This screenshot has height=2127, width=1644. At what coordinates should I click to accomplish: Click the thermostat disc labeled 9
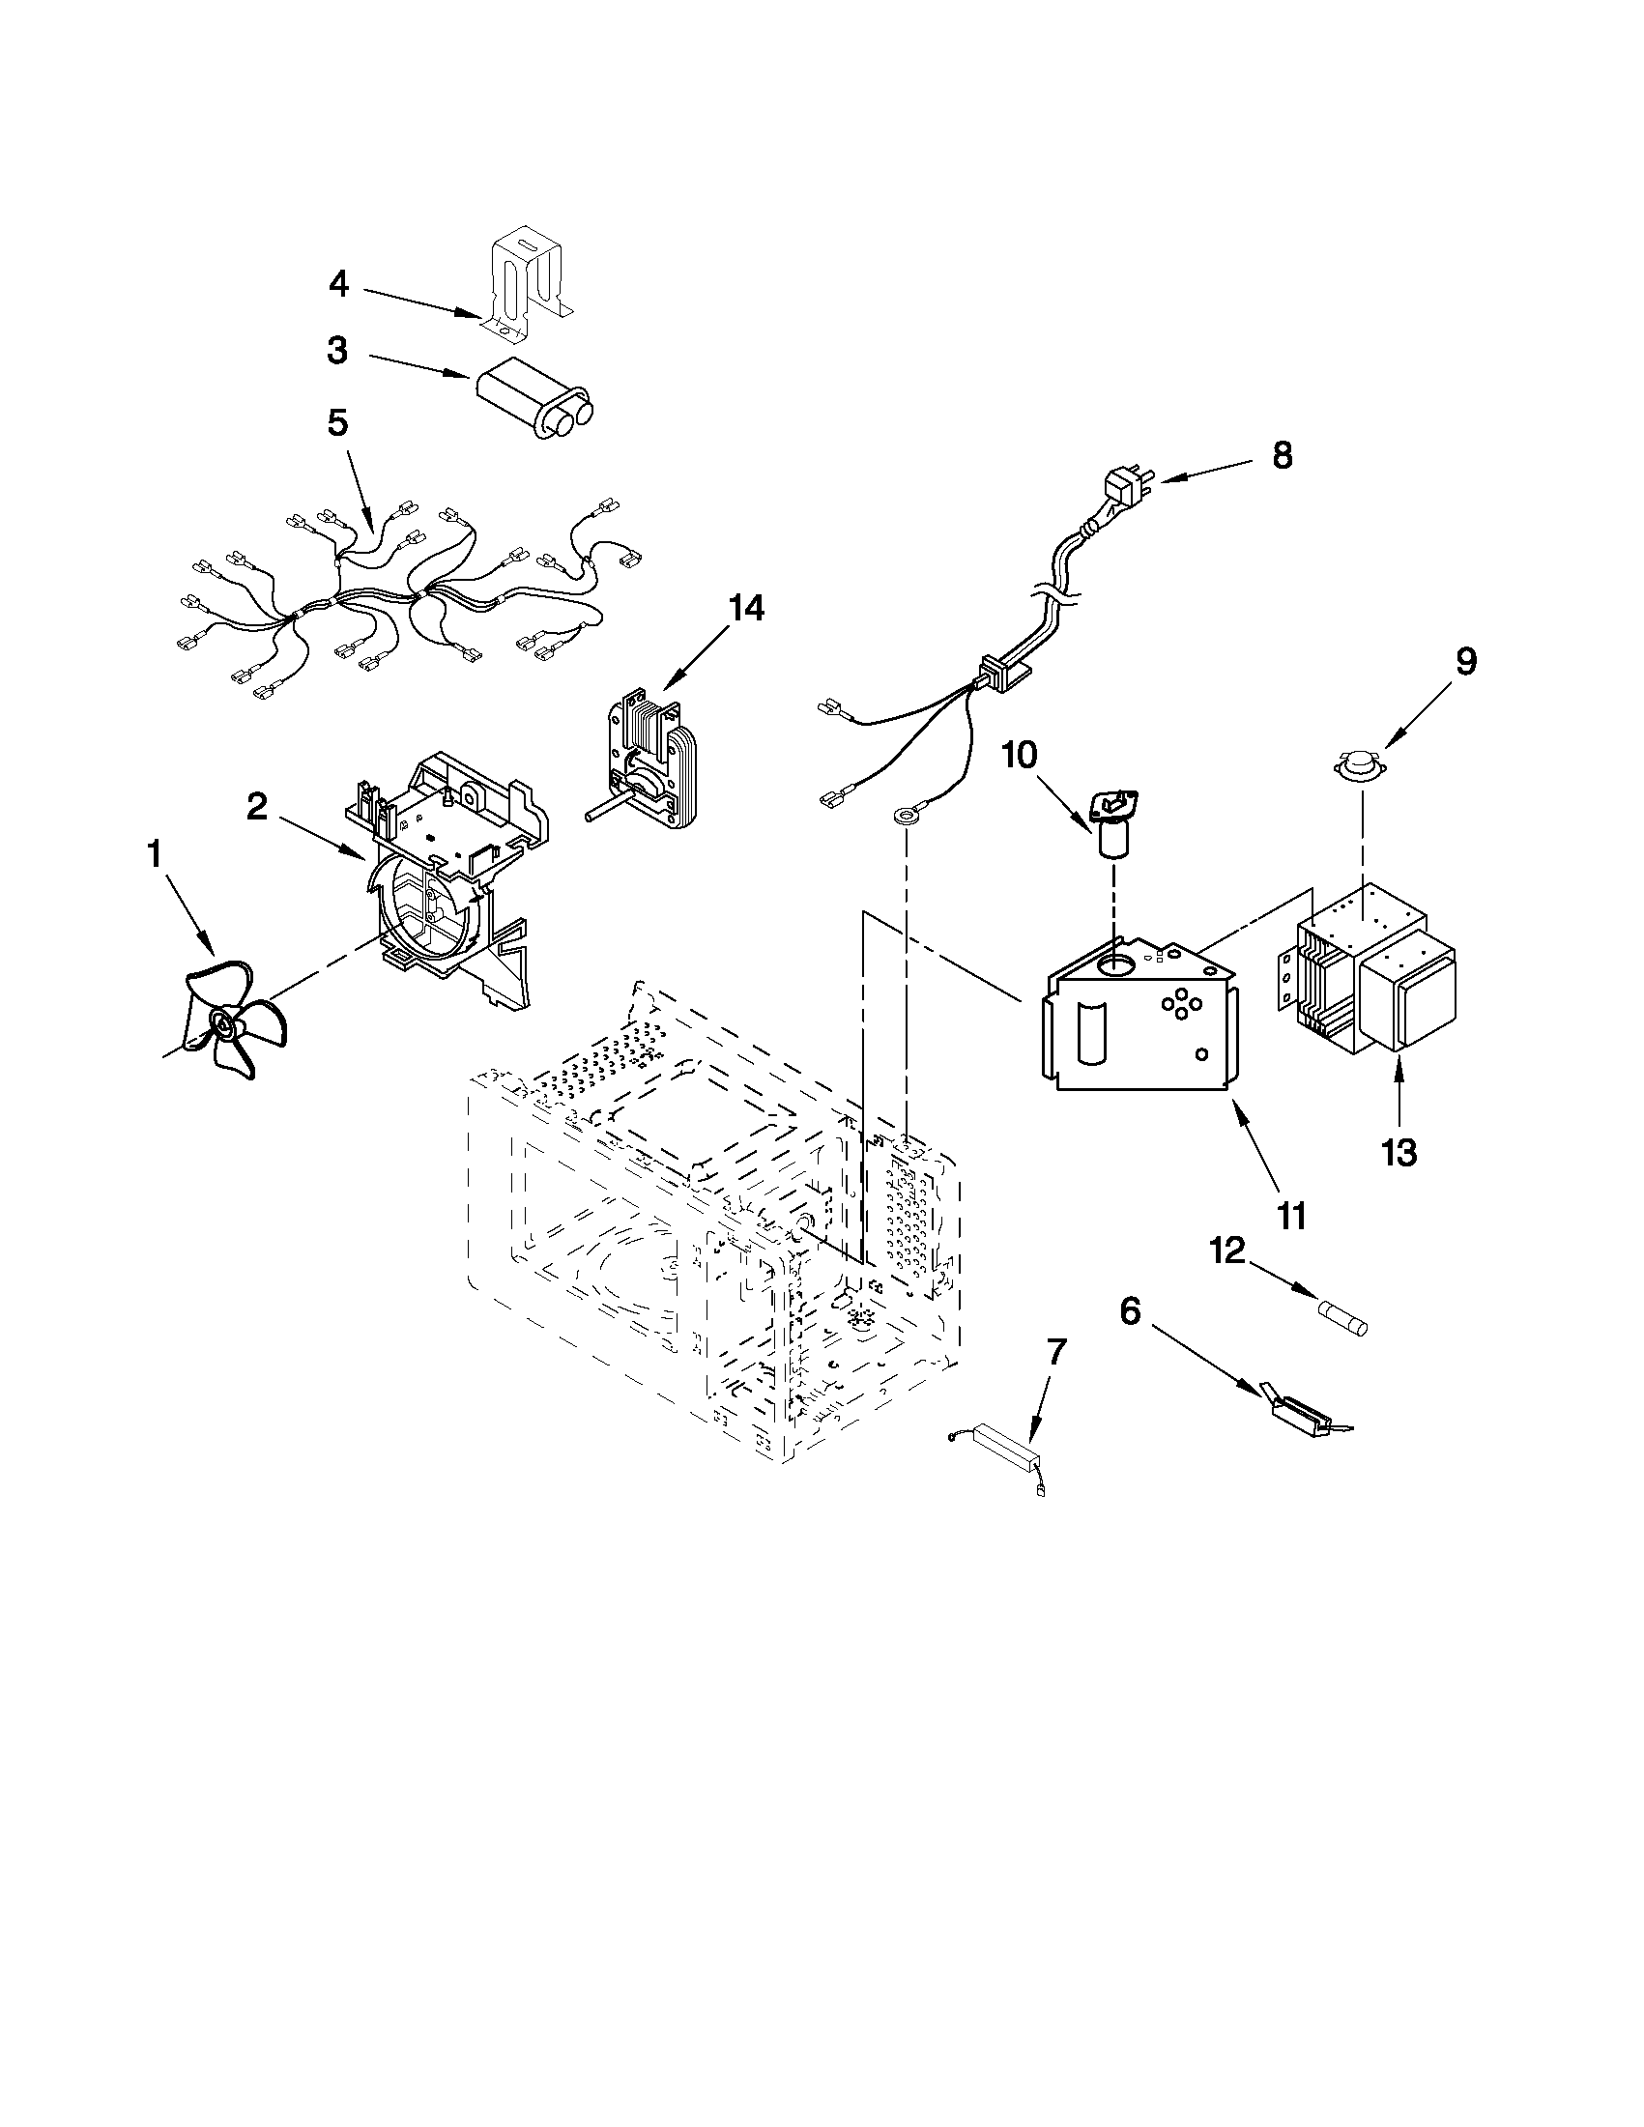pyautogui.click(x=1362, y=766)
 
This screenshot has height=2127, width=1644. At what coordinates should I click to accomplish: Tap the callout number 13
pyautogui.click(x=1399, y=1153)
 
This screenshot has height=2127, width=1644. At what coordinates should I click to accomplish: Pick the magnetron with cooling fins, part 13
pyautogui.click(x=1373, y=974)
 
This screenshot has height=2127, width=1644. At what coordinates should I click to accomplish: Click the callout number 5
pyautogui.click(x=337, y=423)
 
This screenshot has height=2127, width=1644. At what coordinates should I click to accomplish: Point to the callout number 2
pyautogui.click(x=256, y=805)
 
